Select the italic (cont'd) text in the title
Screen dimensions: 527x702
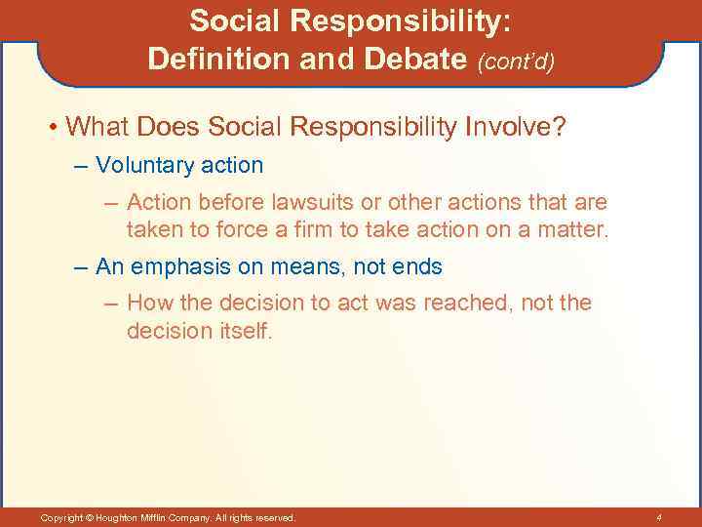point(516,61)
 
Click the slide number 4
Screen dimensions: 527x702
point(659,516)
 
